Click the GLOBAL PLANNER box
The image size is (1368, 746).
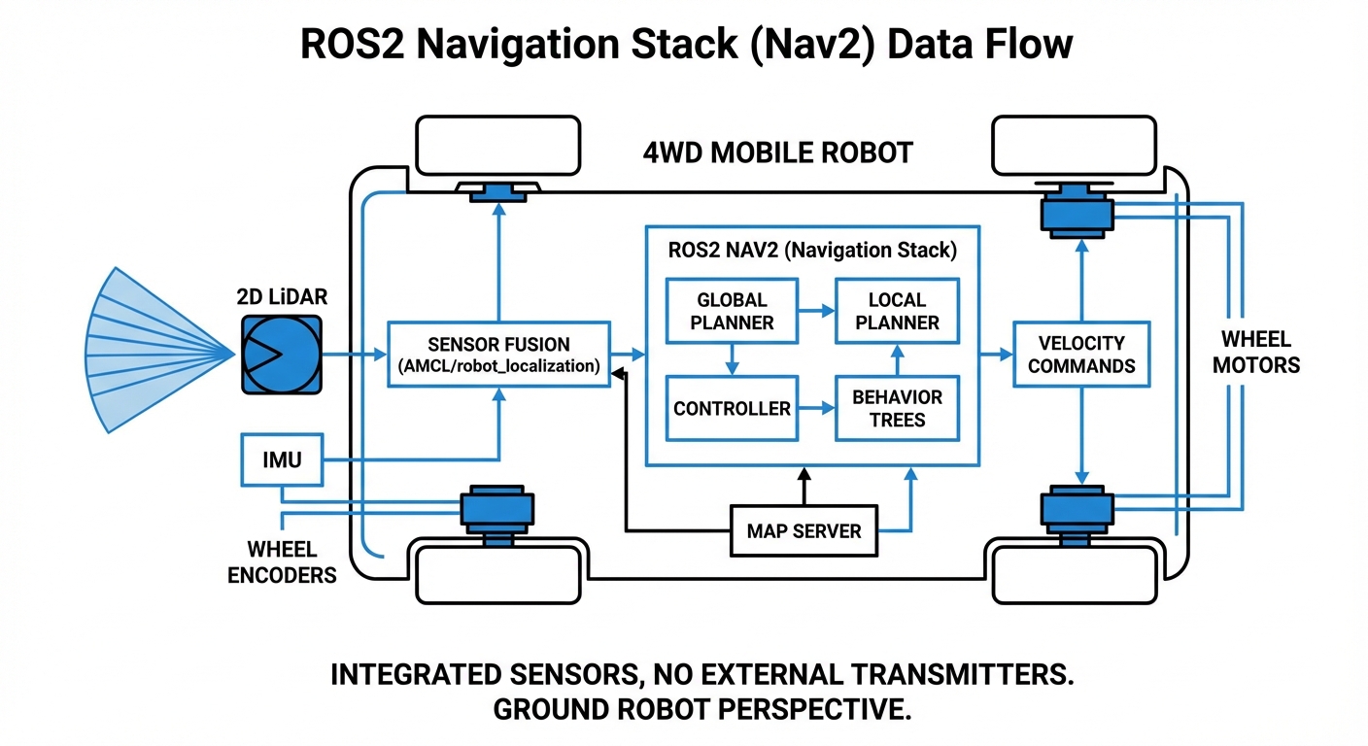pos(732,311)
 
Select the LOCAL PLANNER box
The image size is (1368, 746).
pos(898,311)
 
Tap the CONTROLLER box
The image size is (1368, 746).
pos(732,408)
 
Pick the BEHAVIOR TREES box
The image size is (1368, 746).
pos(898,408)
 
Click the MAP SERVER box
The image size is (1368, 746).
pos(804,530)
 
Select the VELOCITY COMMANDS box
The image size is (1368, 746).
pos(1081,354)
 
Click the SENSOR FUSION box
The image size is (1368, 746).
pos(498,355)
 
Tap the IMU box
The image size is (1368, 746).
pos(282,460)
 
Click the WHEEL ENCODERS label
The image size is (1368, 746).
pos(282,562)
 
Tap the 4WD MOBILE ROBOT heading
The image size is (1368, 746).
pos(778,153)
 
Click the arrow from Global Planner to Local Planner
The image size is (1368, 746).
pos(816,311)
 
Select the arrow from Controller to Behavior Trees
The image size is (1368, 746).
pos(816,409)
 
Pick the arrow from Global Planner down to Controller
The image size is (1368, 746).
pos(732,359)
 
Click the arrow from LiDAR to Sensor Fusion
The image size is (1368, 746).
pos(355,356)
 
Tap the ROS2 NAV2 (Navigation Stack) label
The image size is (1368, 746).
pos(812,250)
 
